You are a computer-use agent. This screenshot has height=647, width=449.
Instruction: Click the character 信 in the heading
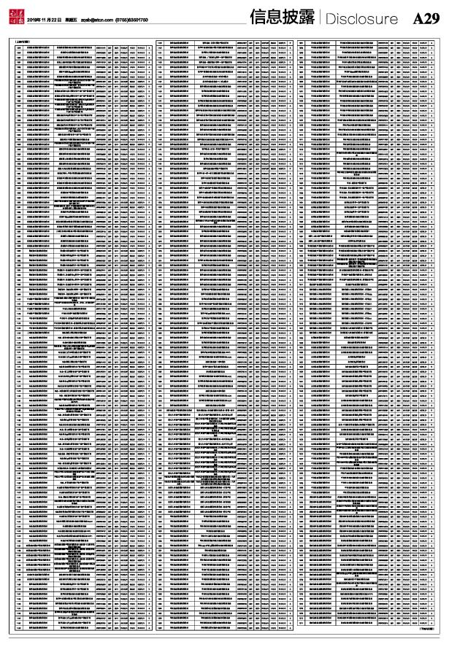pos(258,18)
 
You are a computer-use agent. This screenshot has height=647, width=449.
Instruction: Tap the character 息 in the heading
pos(275,18)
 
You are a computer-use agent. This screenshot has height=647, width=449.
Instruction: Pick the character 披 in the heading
pos(291,18)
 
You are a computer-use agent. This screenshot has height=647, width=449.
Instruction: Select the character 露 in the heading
pos(307,18)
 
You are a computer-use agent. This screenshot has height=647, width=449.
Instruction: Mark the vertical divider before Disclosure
pos(319,18)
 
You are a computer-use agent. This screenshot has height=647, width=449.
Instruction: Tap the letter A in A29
pos(418,19)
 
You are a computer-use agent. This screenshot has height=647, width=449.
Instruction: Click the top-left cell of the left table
pos(17,45)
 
